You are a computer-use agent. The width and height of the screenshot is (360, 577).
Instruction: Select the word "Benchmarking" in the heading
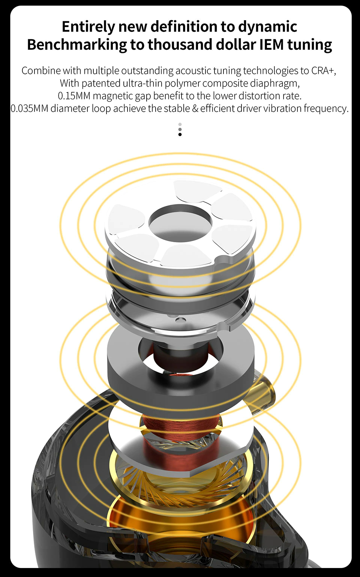(77, 45)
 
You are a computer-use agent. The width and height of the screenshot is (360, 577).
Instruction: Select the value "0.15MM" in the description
(74, 96)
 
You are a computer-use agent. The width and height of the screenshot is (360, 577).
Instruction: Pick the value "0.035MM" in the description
(29, 108)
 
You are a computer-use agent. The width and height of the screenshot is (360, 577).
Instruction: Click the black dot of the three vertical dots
(180, 135)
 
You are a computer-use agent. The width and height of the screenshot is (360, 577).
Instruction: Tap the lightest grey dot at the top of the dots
(180, 124)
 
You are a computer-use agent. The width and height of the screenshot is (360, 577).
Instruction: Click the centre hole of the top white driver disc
(180, 227)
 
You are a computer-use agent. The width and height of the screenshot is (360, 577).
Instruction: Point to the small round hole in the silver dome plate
(180, 320)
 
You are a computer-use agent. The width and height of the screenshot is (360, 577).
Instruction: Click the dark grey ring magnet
(180, 361)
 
